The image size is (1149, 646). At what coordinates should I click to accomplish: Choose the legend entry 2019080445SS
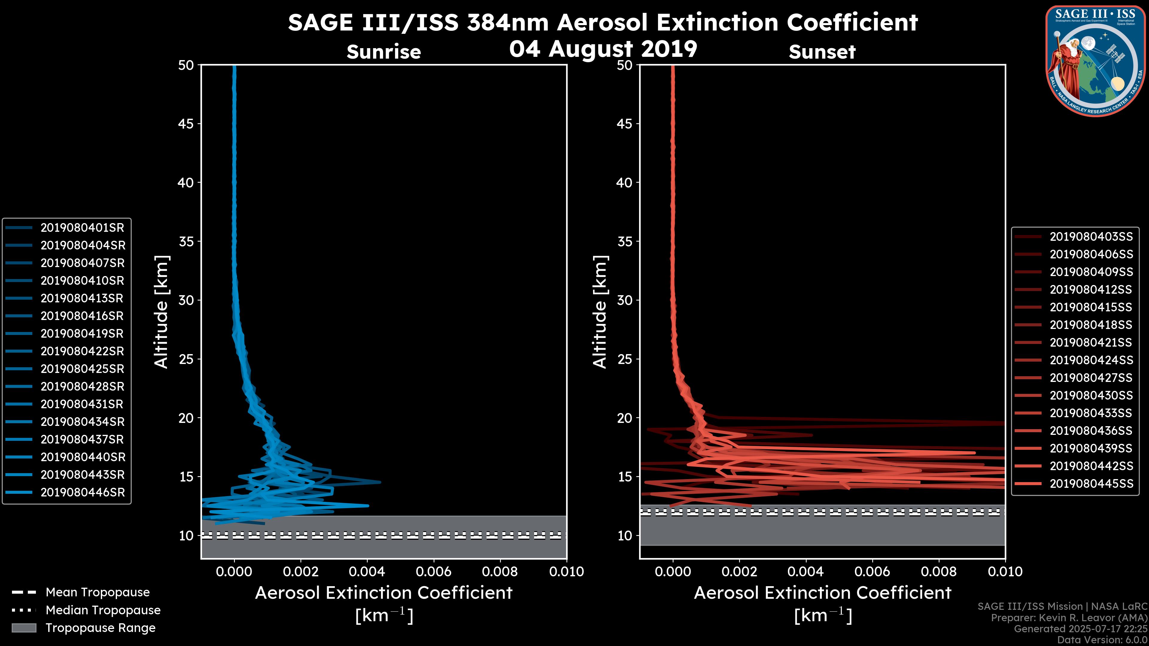click(x=1091, y=484)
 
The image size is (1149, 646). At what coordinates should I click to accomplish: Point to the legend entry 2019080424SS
click(x=1091, y=360)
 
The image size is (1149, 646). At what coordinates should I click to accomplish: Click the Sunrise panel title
click(x=384, y=52)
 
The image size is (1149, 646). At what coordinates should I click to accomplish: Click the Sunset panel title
click(x=822, y=52)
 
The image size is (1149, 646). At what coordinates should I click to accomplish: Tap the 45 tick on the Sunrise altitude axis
click(x=186, y=124)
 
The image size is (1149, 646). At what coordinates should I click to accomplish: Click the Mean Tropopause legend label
click(x=98, y=592)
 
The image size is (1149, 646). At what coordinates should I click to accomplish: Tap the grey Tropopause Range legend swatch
click(x=24, y=628)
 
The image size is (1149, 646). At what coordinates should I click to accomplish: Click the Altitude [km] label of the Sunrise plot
click(x=162, y=312)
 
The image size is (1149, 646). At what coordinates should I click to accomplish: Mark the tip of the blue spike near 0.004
click(x=380, y=482)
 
